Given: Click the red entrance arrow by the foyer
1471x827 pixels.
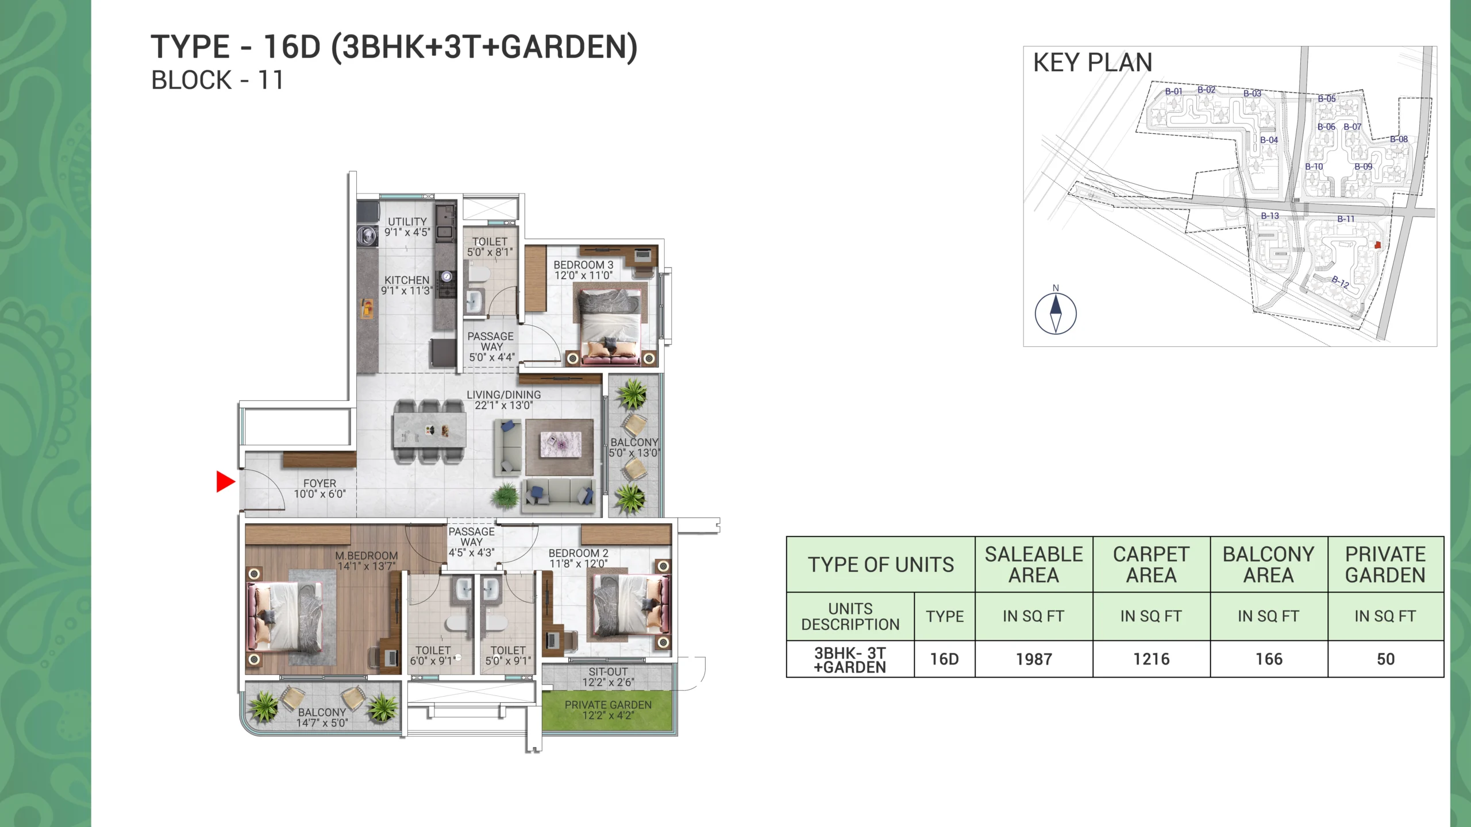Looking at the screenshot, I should (225, 481).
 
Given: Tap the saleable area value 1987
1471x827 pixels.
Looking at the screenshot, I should (1034, 659).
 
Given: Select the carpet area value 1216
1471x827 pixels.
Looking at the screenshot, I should (1151, 659).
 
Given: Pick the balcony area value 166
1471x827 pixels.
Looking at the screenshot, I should (1269, 659).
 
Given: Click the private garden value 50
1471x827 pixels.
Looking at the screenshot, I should (1385, 659).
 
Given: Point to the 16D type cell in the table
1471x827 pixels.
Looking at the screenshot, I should (944, 659).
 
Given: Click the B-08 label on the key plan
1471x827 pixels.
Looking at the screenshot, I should (1399, 139).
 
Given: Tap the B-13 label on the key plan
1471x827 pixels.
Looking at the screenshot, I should (1270, 216).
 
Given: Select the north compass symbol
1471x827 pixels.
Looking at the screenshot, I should (1056, 313).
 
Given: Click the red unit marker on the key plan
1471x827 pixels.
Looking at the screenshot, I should (1377, 245).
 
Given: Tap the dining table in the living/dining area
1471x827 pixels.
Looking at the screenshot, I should (429, 431).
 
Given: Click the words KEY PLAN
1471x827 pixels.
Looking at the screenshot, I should (1092, 63).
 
